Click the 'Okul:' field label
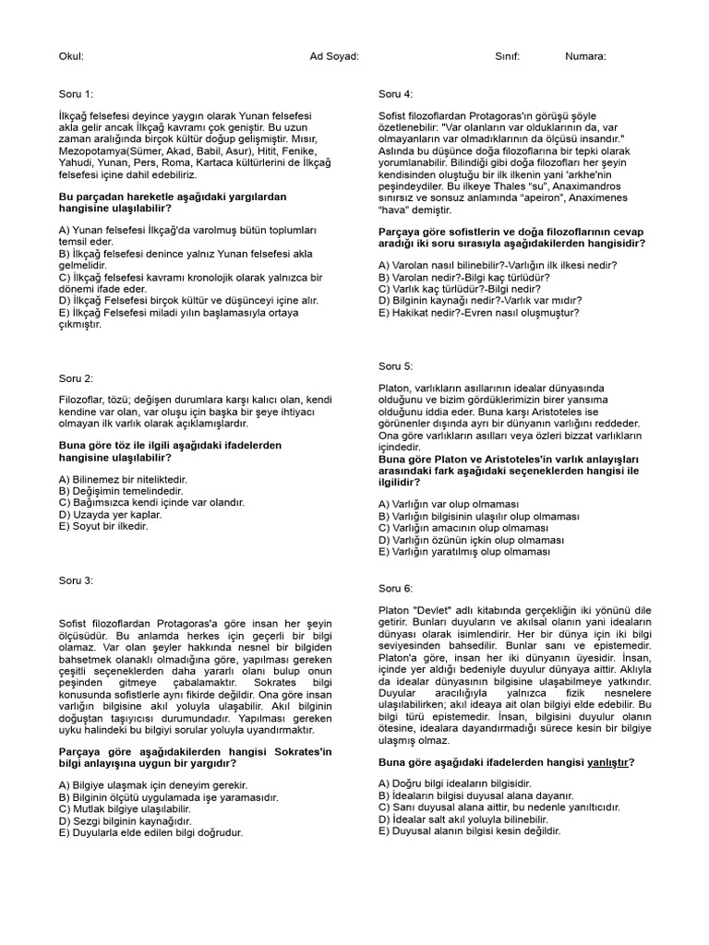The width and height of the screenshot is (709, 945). coord(71,56)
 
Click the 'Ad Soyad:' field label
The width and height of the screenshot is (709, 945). coord(334,56)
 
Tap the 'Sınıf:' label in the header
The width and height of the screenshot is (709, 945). coord(508,56)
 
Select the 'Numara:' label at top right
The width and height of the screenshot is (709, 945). coord(585,56)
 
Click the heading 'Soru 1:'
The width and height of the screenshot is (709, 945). coord(76,94)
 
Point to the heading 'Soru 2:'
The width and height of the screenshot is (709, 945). coord(76,378)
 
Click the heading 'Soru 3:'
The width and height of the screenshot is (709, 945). coord(76,580)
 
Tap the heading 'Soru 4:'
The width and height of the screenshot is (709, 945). coord(396,94)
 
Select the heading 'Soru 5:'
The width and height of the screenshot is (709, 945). coord(396,365)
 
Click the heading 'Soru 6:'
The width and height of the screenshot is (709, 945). coord(396,588)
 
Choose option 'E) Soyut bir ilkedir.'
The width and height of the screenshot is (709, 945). coord(103,526)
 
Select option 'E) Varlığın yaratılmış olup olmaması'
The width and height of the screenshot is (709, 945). coord(464,551)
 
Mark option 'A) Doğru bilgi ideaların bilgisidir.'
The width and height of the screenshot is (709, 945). coord(456,784)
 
